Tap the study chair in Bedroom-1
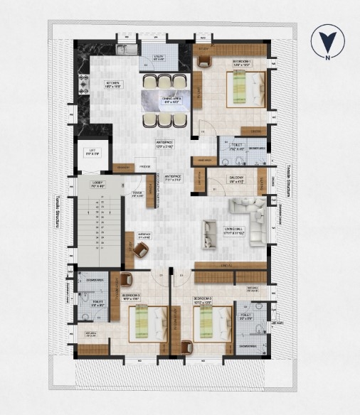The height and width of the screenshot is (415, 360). click(x=204, y=61)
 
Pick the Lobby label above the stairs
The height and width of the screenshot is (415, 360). click(x=97, y=185)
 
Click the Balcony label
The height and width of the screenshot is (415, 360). click(x=236, y=179)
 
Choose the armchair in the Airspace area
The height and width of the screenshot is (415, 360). click(x=141, y=249)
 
